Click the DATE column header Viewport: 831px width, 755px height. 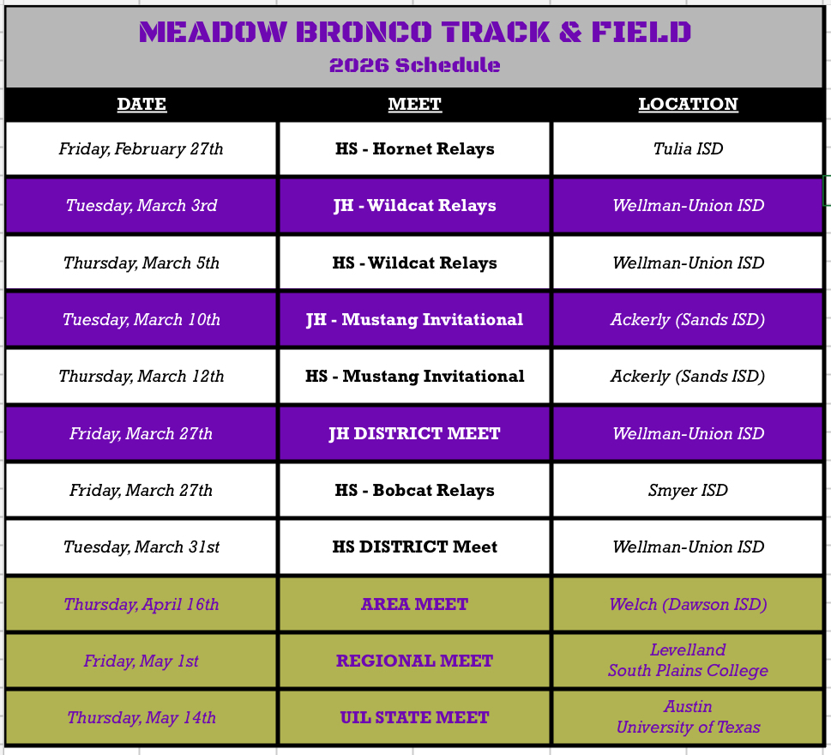(142, 104)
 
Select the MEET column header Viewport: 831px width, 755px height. (414, 104)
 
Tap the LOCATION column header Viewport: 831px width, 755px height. (688, 104)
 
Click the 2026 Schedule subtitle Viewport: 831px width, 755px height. (414, 65)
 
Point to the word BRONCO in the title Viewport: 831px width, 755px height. (364, 32)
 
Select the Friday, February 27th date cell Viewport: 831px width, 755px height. (141, 149)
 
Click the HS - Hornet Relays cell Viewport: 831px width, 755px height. (414, 149)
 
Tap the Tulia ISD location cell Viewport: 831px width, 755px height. (688, 149)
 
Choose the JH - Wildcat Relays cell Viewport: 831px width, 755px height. (414, 206)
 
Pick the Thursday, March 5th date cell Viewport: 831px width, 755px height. (141, 263)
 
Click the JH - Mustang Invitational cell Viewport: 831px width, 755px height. (414, 320)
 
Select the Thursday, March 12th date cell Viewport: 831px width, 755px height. (141, 377)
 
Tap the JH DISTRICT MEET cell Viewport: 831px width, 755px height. (414, 434)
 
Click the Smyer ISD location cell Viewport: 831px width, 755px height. (688, 491)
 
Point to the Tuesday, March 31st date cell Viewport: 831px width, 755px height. (141, 547)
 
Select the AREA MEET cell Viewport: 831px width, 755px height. (414, 604)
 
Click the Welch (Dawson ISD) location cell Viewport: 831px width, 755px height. (688, 604)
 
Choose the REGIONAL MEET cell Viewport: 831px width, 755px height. (414, 661)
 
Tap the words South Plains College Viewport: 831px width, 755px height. (688, 671)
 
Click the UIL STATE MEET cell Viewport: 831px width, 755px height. (414, 718)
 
